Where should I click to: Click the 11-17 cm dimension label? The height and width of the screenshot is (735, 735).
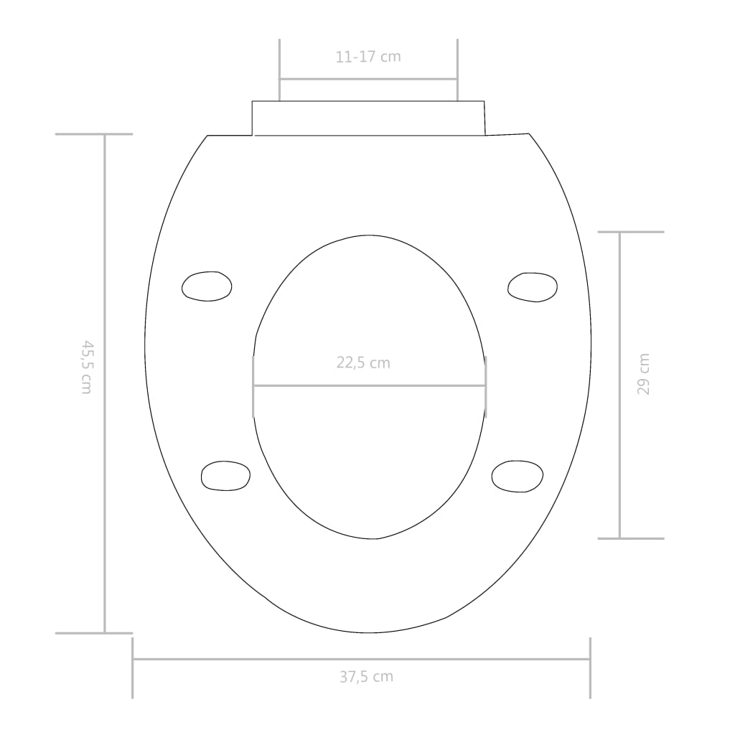[368, 57]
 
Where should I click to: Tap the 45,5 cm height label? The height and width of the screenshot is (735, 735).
[86, 367]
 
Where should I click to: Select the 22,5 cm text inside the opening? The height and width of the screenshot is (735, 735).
[363, 363]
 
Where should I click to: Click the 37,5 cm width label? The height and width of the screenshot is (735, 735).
[366, 676]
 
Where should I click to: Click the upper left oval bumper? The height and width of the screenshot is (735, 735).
[207, 286]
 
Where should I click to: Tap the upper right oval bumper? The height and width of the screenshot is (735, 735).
[533, 287]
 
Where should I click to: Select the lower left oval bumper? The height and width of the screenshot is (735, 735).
[226, 476]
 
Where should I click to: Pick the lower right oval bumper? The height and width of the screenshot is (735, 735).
[518, 476]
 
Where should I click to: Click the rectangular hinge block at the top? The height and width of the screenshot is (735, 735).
[368, 118]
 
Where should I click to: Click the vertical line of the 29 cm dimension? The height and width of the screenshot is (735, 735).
[619, 431]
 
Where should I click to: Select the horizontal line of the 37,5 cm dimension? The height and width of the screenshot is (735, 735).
[467, 659]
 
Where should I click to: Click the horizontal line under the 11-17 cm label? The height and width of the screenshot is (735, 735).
[368, 79]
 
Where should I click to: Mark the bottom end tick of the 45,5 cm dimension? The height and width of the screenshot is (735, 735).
[94, 633]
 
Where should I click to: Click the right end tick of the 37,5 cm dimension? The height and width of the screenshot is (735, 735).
[590, 668]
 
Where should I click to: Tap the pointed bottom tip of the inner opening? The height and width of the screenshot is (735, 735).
[378, 538]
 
